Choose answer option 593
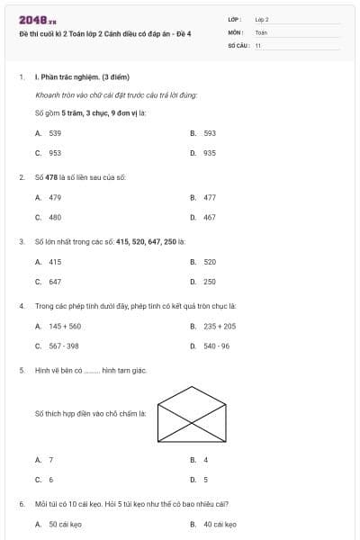[x=210, y=132]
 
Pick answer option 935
[x=210, y=153]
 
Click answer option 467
[x=210, y=217]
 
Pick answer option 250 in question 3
[x=210, y=282]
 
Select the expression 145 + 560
[x=65, y=326]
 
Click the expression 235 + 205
[x=220, y=326]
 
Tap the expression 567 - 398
[x=64, y=346]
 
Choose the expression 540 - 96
[x=217, y=346]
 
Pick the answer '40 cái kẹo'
[x=220, y=523]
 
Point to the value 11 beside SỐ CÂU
[x=258, y=44]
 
